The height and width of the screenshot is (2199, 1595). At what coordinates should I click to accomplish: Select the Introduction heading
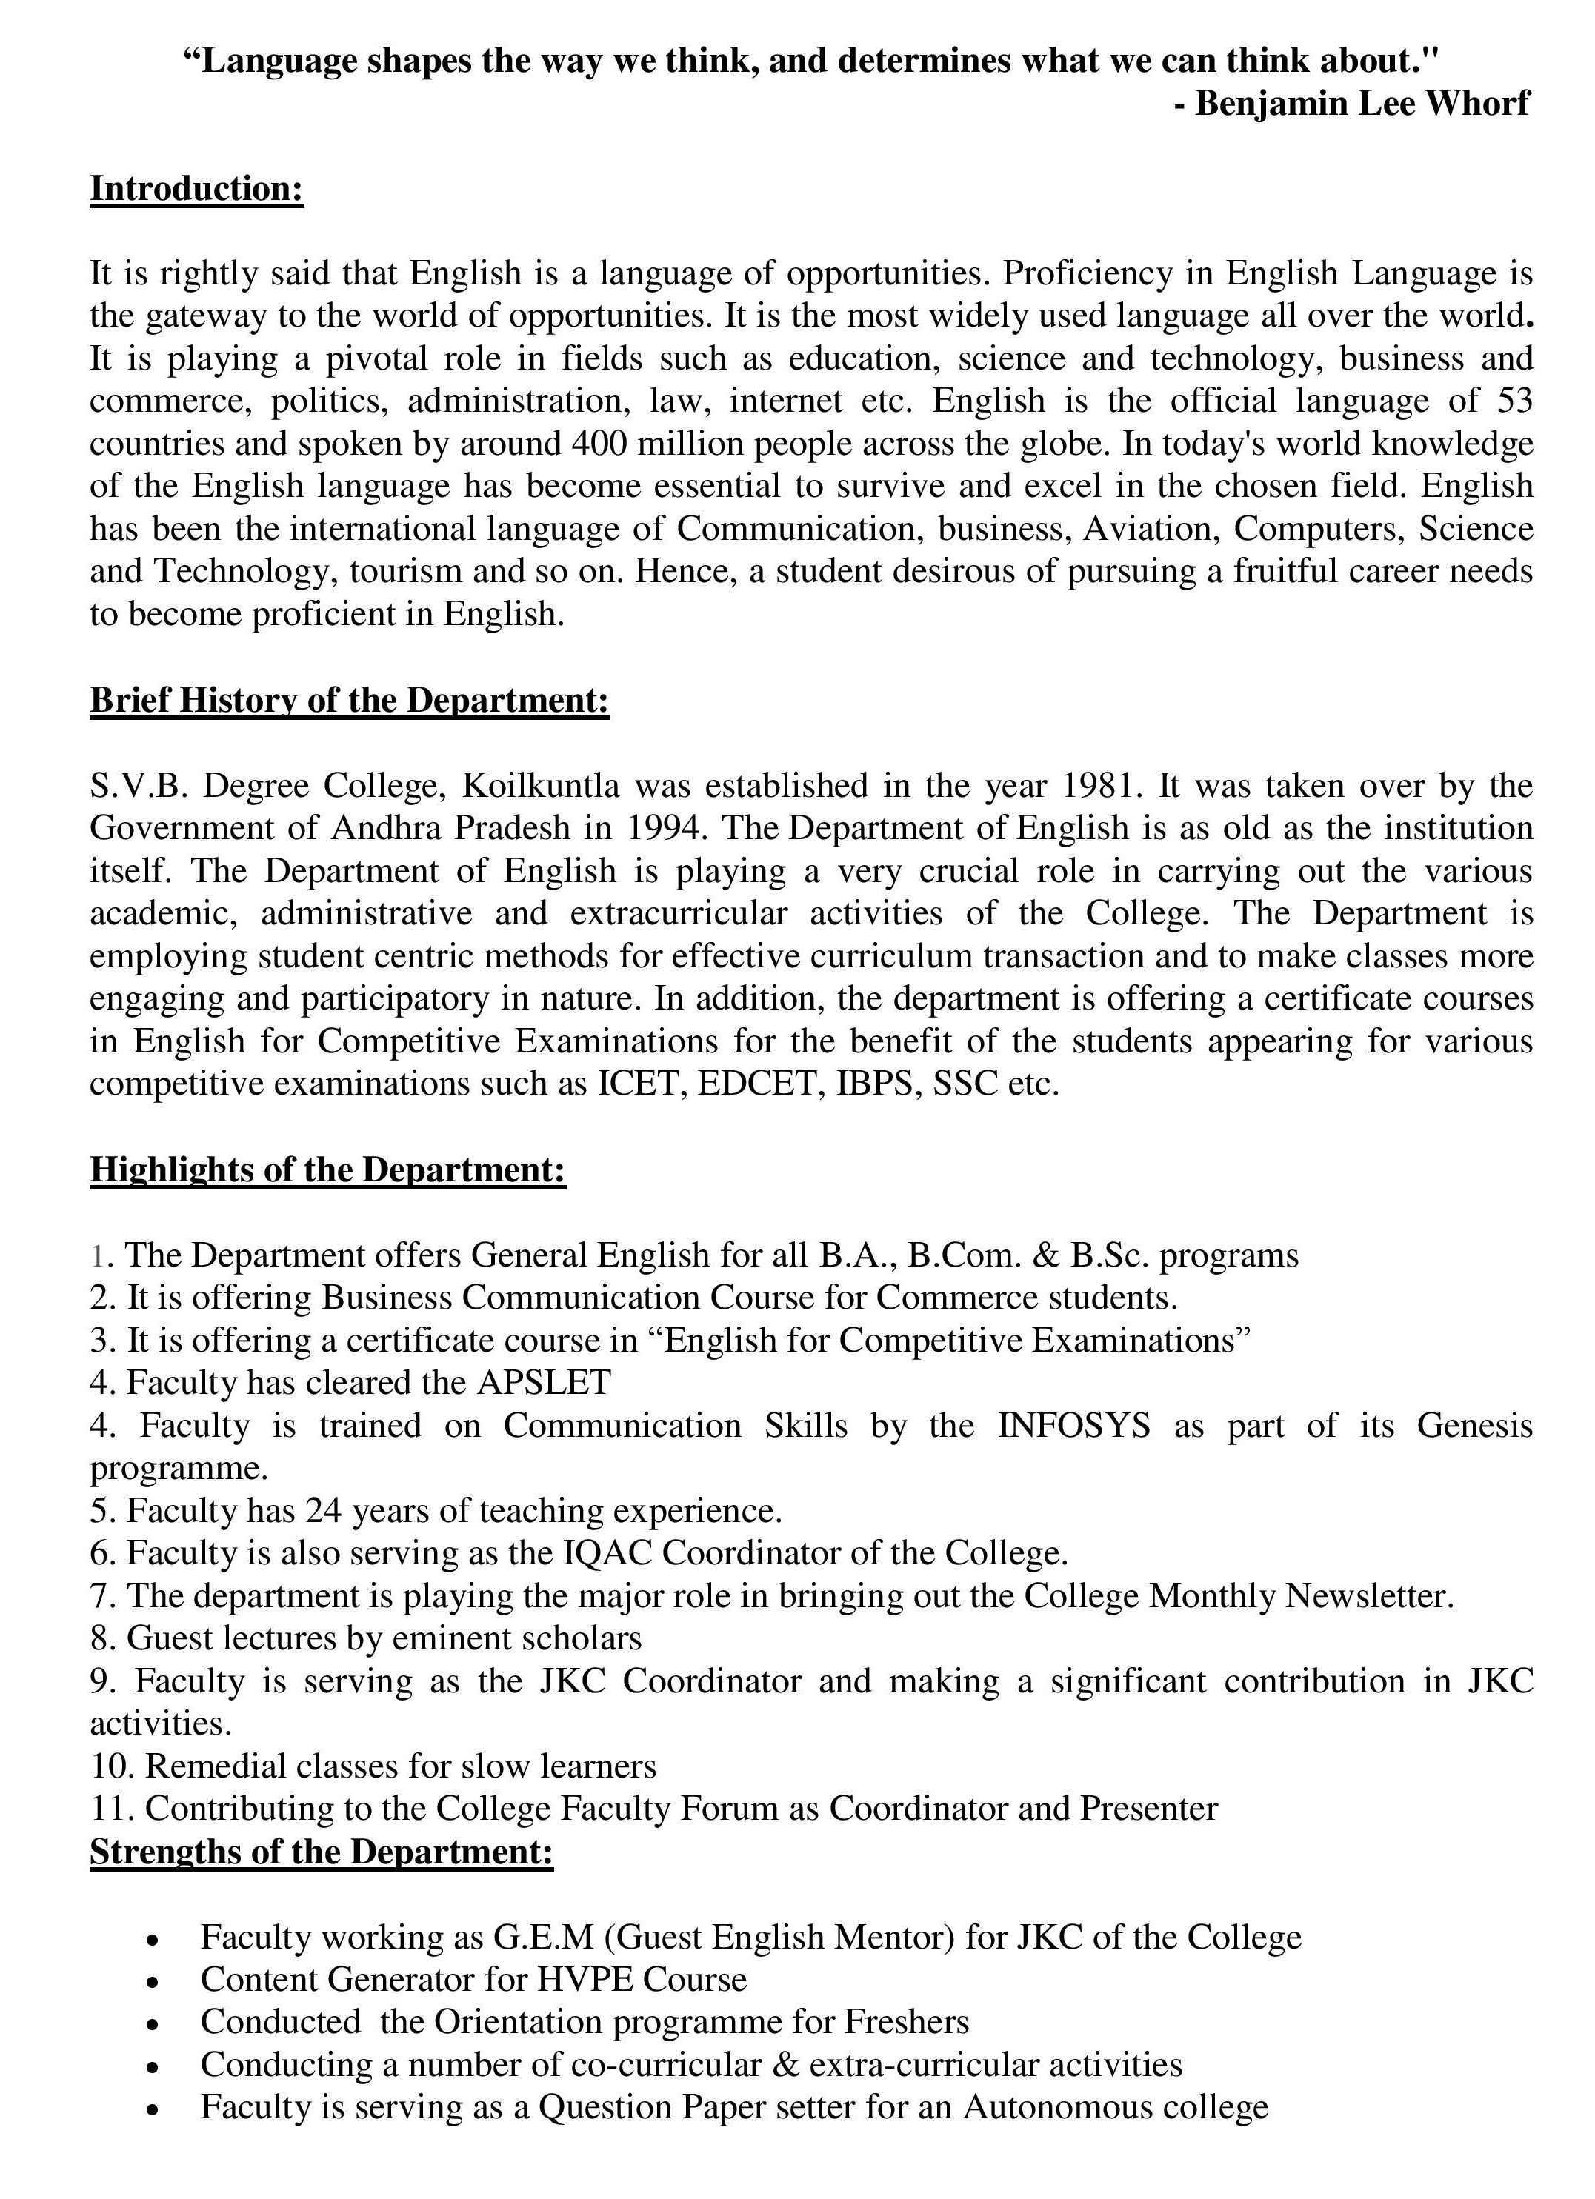click(x=197, y=188)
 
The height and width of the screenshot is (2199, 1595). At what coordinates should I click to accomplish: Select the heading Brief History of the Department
click(x=349, y=700)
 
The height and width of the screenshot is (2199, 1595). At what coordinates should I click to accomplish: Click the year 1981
click(x=1099, y=785)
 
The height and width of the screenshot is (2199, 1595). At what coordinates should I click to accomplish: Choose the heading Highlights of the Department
click(x=327, y=1169)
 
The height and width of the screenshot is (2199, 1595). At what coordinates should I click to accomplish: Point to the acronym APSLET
click(x=544, y=1383)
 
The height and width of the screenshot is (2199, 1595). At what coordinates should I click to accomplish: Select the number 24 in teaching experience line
click(x=324, y=1511)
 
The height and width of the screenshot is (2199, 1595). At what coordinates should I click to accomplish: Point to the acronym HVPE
click(x=585, y=1980)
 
